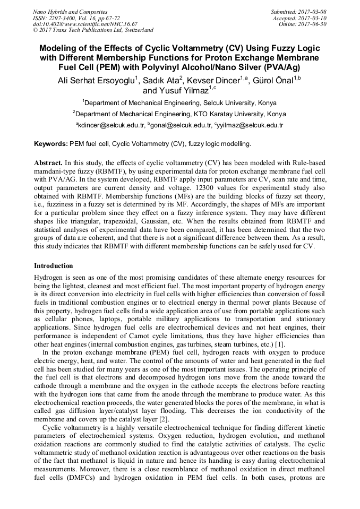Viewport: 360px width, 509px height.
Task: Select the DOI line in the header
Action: coord(85,24)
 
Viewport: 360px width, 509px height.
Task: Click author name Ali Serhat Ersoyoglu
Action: coord(96,81)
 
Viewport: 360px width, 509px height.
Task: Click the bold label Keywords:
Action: coord(51,144)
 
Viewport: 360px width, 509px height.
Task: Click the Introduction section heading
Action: coord(54,265)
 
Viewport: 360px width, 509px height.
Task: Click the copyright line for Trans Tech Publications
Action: coord(93,30)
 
